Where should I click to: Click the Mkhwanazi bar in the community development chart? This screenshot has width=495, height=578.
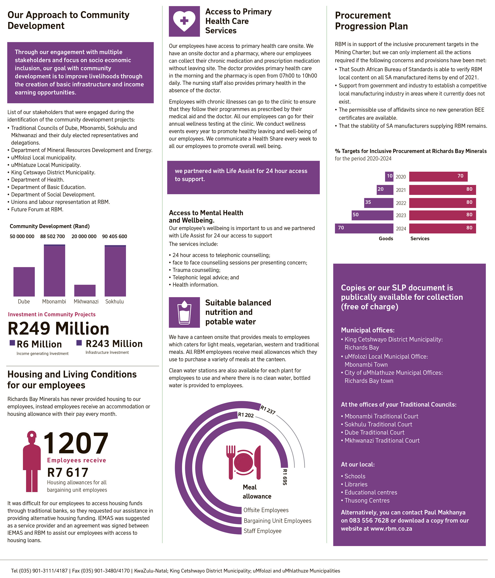point(85,290)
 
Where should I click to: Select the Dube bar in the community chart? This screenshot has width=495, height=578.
point(24,281)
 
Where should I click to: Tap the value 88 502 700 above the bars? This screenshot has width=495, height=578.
point(52,236)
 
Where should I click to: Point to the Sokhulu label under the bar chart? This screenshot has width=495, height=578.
point(114,301)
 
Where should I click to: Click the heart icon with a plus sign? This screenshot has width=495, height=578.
point(184,21)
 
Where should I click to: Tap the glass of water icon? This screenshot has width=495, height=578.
point(184,312)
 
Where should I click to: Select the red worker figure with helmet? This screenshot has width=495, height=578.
point(32,462)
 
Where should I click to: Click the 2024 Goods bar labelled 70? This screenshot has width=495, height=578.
point(364,228)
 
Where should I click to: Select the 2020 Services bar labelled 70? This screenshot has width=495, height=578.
point(438,176)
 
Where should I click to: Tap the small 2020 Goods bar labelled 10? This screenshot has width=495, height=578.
point(389,176)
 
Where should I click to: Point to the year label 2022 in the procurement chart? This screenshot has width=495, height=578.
point(401,203)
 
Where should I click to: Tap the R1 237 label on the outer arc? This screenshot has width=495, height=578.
point(268,410)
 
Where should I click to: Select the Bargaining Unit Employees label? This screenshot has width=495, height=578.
point(277,521)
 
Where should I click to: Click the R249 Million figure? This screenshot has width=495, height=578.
point(58,328)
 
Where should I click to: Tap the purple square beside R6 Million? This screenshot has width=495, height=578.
point(12,343)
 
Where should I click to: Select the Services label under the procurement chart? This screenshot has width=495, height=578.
point(420,238)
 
